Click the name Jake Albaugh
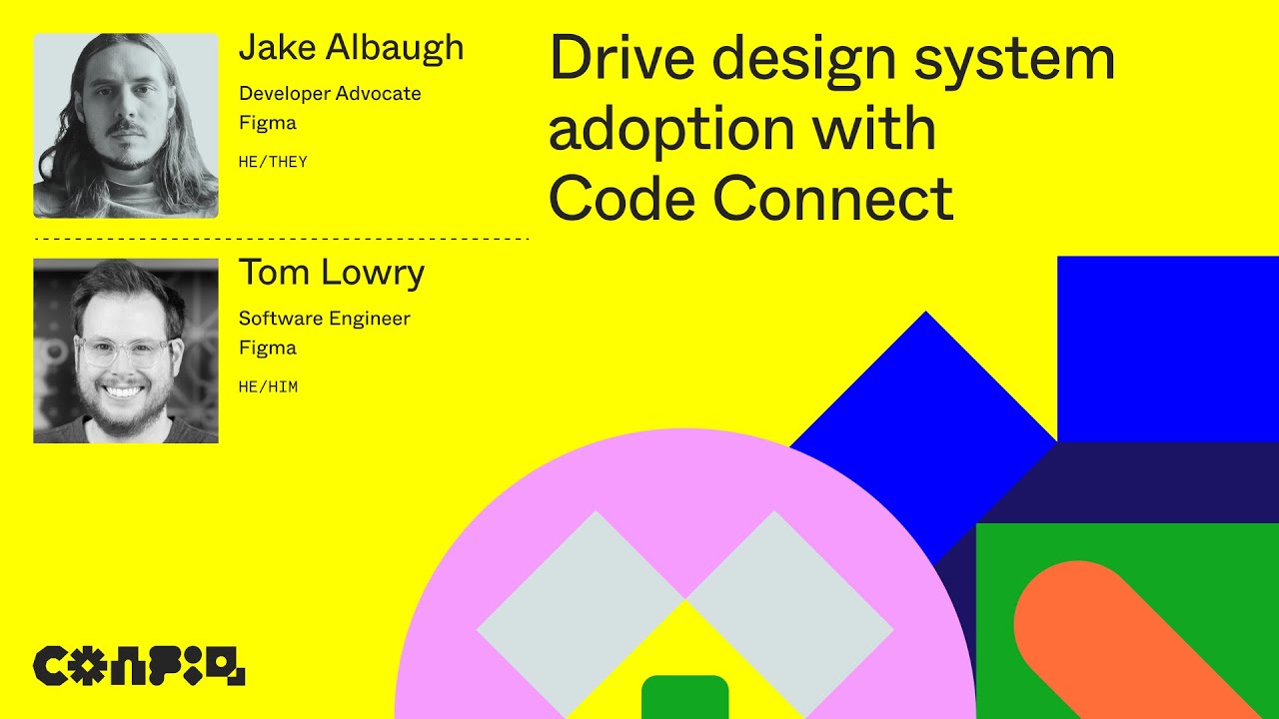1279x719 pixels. pyautogui.click(x=351, y=49)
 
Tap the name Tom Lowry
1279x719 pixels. pyautogui.click(x=331, y=274)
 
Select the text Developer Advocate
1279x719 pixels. pyautogui.click(x=330, y=94)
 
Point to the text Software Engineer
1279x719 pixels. pyautogui.click(x=324, y=319)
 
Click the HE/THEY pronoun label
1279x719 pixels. pyautogui.click(x=273, y=162)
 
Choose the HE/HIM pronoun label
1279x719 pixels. pyautogui.click(x=268, y=386)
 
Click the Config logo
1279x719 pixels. pyautogui.click(x=139, y=666)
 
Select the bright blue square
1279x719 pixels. pyautogui.click(x=1167, y=349)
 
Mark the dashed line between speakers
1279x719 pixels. pyautogui.click(x=281, y=240)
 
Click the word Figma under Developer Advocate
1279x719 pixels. pyautogui.click(x=267, y=124)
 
